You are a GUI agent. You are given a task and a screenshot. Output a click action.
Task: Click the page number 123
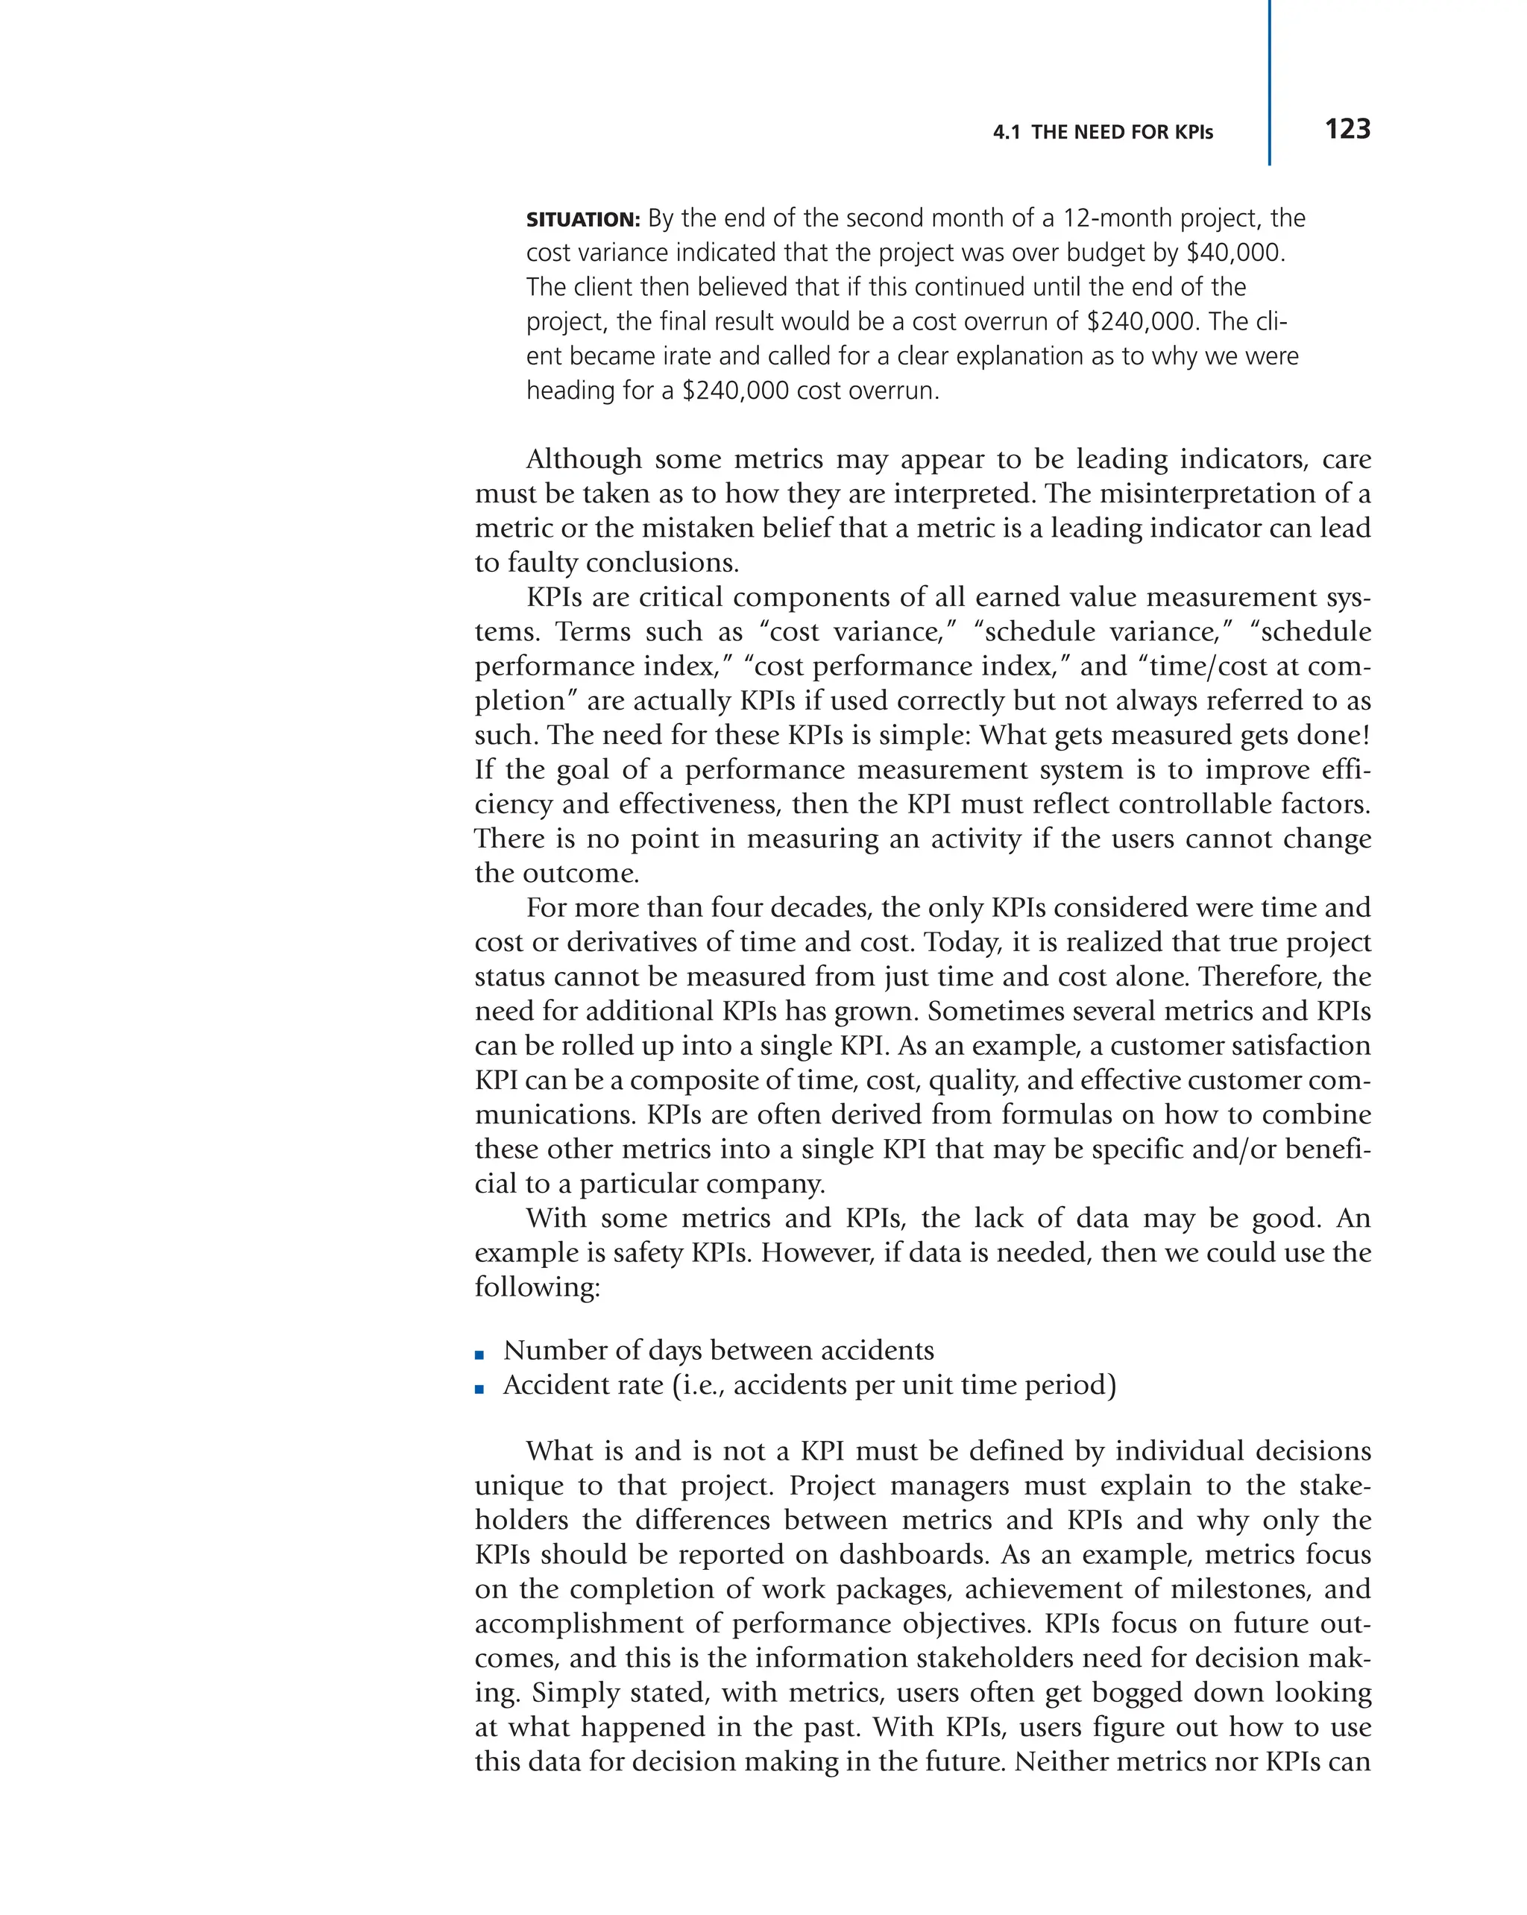click(1347, 129)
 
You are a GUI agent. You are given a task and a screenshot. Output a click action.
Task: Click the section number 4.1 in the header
click(1006, 133)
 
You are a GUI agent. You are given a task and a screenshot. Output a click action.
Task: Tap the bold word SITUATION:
click(583, 219)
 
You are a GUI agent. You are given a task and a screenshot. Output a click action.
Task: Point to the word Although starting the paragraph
click(584, 459)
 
